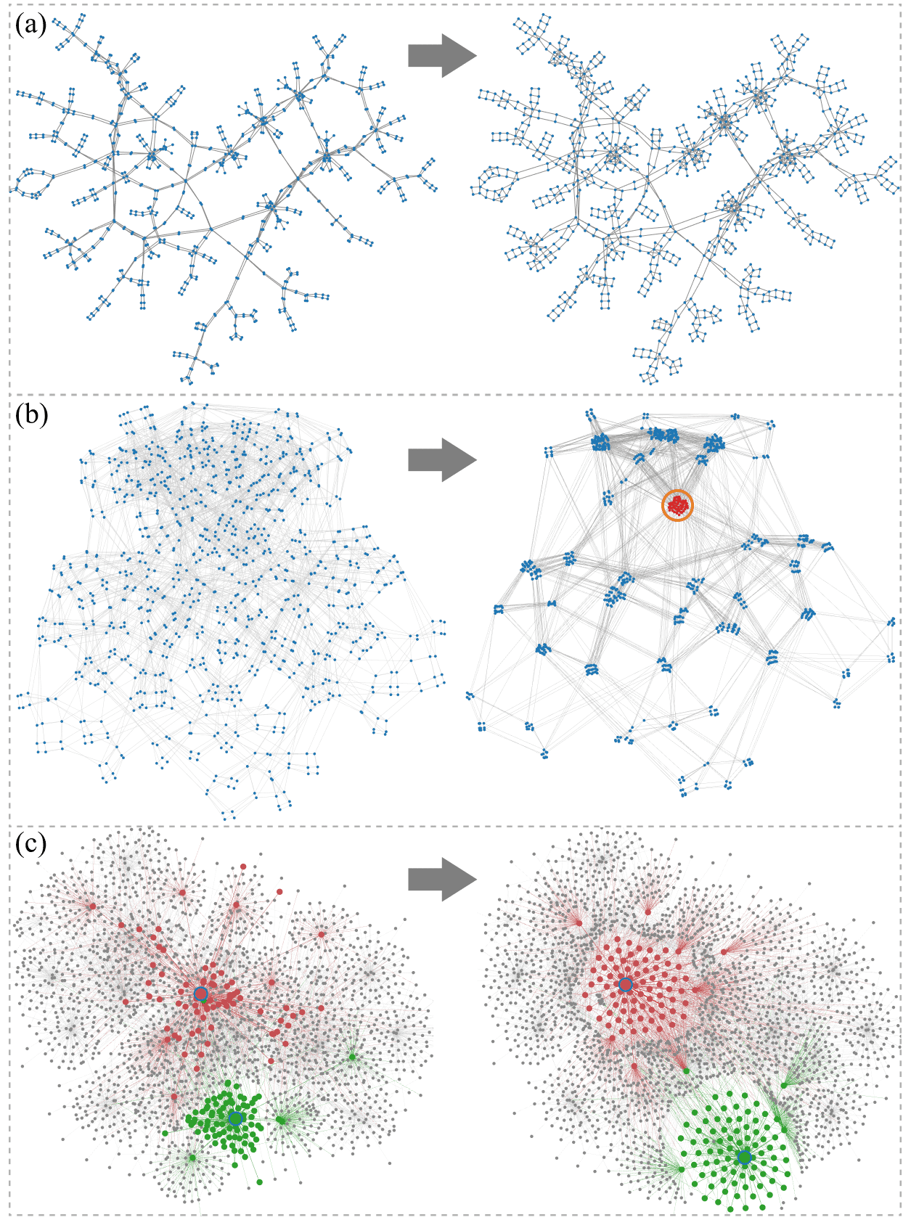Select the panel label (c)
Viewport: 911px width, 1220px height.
30,843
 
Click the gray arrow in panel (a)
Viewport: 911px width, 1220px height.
441,55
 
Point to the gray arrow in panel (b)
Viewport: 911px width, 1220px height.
441,459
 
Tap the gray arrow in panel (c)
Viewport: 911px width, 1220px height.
441,880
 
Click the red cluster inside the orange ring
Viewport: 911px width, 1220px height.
678,505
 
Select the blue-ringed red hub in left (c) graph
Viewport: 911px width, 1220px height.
201,994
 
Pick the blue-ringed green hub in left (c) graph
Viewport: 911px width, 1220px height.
234,1118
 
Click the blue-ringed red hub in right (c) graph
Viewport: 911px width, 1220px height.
625,985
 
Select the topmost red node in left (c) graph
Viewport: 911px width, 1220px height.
243,867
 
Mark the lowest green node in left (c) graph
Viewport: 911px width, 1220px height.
260,1182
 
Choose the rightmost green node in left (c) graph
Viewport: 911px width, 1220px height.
352,1057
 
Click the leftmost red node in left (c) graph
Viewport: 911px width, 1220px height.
92,906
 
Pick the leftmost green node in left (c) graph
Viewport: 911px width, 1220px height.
165,1133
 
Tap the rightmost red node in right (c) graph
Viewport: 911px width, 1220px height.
724,951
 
